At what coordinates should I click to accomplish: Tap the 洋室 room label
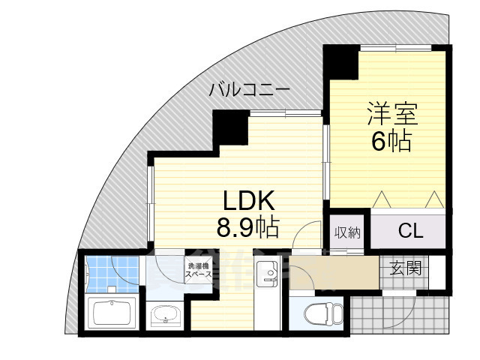coord(391,114)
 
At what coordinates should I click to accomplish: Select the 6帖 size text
coord(391,140)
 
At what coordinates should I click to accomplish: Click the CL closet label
coord(410,231)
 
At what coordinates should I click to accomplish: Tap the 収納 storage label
coord(347,233)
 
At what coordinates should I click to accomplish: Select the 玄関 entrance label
coord(405,267)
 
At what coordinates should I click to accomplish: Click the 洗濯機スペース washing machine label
coord(199,271)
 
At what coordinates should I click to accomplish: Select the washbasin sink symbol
coord(166,317)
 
